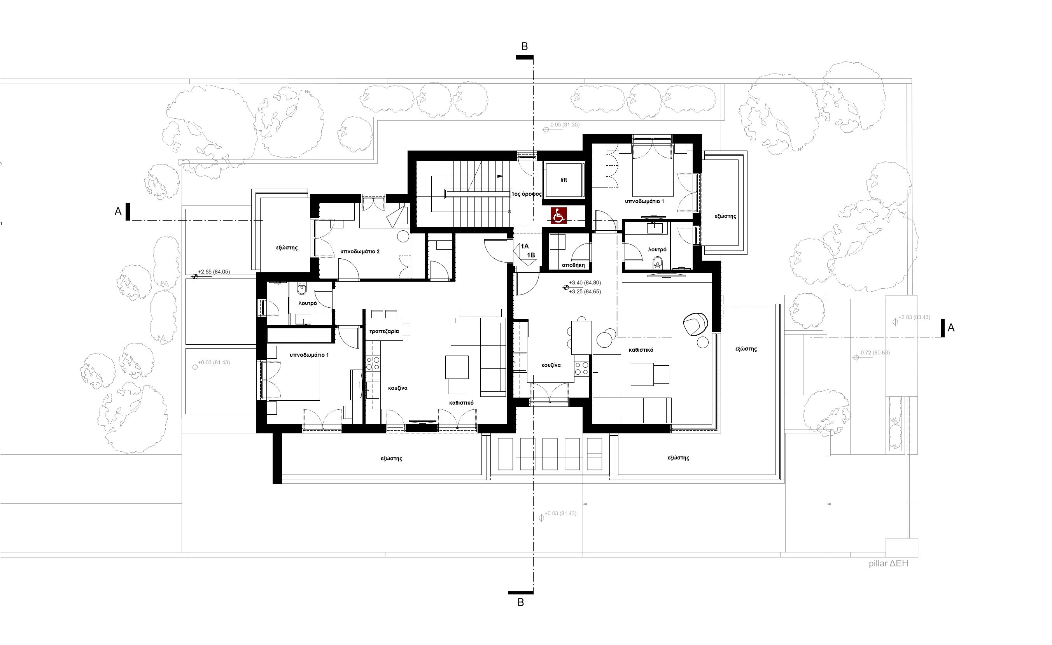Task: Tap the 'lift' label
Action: [x=564, y=180]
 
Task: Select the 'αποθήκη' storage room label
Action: [x=573, y=265]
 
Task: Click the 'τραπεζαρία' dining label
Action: [x=384, y=331]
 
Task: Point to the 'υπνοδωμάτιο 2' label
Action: [x=359, y=252]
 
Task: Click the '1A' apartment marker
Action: [x=524, y=246]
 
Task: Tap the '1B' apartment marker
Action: [x=531, y=255]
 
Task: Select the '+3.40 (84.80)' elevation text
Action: [x=585, y=283]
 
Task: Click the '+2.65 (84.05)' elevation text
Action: [x=214, y=272]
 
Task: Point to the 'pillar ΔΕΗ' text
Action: [x=889, y=563]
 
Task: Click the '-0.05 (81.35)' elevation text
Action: [x=564, y=125]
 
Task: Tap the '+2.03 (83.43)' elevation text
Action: [x=914, y=317]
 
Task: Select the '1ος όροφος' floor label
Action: [x=527, y=194]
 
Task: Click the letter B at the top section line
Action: [x=525, y=47]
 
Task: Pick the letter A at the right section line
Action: [x=951, y=328]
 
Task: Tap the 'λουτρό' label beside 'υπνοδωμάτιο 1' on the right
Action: [x=657, y=249]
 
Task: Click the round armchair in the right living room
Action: [x=695, y=324]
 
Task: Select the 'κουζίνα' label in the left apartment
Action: [x=397, y=388]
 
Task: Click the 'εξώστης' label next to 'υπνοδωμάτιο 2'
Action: [x=287, y=248]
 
